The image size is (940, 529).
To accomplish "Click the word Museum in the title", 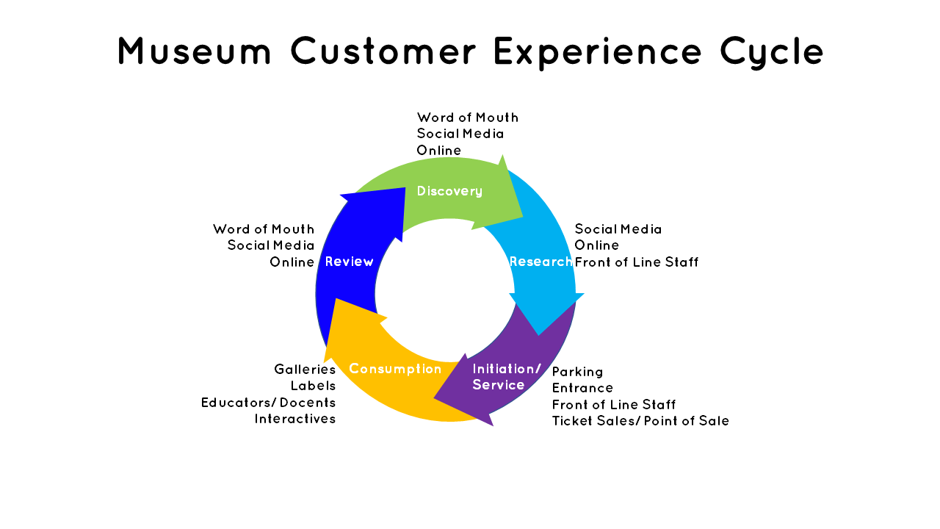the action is click(195, 51).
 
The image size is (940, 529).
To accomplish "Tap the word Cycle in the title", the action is click(772, 52).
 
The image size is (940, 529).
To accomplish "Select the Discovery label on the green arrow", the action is click(449, 192).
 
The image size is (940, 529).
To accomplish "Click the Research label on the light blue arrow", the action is click(540, 262).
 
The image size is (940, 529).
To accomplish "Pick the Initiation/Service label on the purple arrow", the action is click(507, 377).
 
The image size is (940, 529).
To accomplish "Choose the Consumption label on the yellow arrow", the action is click(395, 369).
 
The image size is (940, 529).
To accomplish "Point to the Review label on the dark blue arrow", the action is click(349, 262).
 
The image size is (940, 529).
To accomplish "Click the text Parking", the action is click(577, 372).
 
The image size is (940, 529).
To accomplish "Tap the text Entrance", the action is click(582, 388).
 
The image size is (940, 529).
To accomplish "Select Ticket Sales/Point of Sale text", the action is click(640, 421).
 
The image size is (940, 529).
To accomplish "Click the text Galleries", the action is click(305, 370).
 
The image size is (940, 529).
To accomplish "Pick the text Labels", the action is click(313, 386).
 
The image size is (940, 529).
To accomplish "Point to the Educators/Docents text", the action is click(269, 403).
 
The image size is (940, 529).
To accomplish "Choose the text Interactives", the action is click(295, 419).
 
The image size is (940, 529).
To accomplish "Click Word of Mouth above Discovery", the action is click(468, 118).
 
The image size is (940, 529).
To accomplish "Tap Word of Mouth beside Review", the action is click(264, 229).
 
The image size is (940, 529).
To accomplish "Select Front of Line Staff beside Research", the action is click(636, 262).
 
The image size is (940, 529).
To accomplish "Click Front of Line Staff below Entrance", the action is click(613, 405).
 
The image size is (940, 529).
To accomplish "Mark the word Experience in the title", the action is click(598, 52).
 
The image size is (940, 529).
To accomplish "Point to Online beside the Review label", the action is click(292, 262).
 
